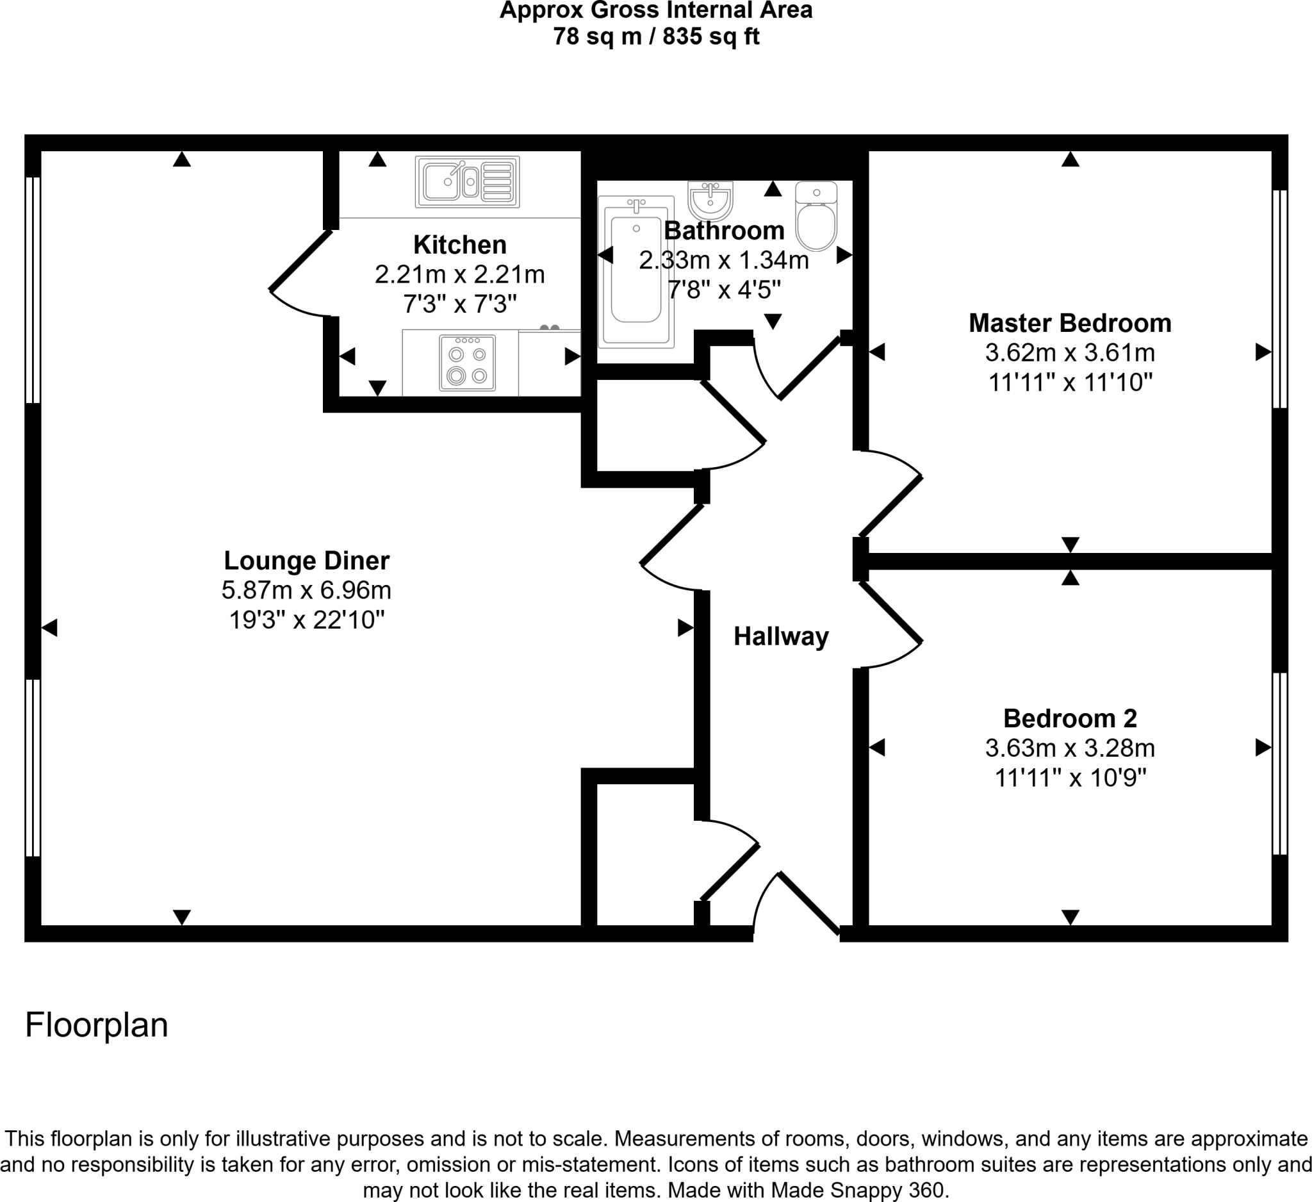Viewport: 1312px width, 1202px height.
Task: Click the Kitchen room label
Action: [x=459, y=245]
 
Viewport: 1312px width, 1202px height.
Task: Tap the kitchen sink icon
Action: [x=467, y=181]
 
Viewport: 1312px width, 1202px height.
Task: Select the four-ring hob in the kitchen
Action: [x=467, y=363]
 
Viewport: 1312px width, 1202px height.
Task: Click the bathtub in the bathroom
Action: [x=636, y=272]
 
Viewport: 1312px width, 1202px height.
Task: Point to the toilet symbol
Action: [x=816, y=217]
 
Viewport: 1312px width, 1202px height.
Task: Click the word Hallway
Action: [x=781, y=636]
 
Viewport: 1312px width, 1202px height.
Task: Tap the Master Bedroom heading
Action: [x=1069, y=324]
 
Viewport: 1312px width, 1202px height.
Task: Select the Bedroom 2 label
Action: [x=1069, y=718]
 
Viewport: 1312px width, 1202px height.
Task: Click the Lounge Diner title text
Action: [x=306, y=561]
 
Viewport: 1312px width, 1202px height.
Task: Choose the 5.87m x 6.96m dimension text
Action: [x=306, y=590]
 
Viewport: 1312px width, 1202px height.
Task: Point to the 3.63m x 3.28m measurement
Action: [x=1069, y=748]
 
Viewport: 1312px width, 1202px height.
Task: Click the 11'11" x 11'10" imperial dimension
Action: [x=1070, y=383]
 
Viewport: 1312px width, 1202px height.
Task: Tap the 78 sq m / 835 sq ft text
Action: [x=656, y=37]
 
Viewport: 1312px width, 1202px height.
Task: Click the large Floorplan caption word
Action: [x=96, y=1026]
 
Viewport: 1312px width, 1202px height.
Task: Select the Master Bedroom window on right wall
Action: [x=1279, y=299]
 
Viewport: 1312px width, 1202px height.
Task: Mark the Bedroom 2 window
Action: [x=1279, y=763]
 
